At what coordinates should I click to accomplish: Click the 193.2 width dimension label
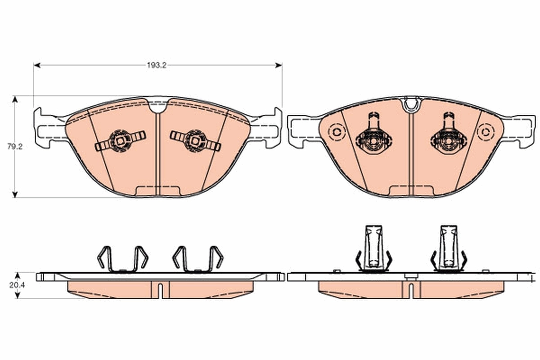pos(157,65)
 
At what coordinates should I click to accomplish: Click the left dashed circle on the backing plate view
pos(336,132)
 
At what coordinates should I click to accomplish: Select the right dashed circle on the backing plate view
pos(486,132)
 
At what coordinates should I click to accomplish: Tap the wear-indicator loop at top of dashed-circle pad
pos(411,104)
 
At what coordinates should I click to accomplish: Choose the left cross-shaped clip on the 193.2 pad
pos(120,141)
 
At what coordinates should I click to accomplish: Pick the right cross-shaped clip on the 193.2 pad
pos(195,141)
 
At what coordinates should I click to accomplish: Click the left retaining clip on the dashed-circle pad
pos(373,136)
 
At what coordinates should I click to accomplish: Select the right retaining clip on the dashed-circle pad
pos(449,136)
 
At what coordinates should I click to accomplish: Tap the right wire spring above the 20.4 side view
pos(198,260)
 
